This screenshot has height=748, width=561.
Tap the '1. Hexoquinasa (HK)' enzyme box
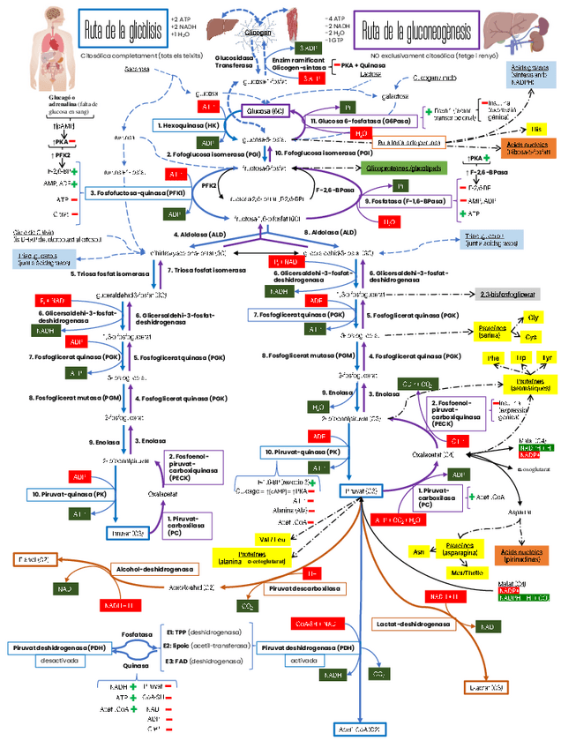(x=187, y=125)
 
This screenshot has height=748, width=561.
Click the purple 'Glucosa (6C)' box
(x=266, y=112)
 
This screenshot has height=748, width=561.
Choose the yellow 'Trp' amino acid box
(x=520, y=357)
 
